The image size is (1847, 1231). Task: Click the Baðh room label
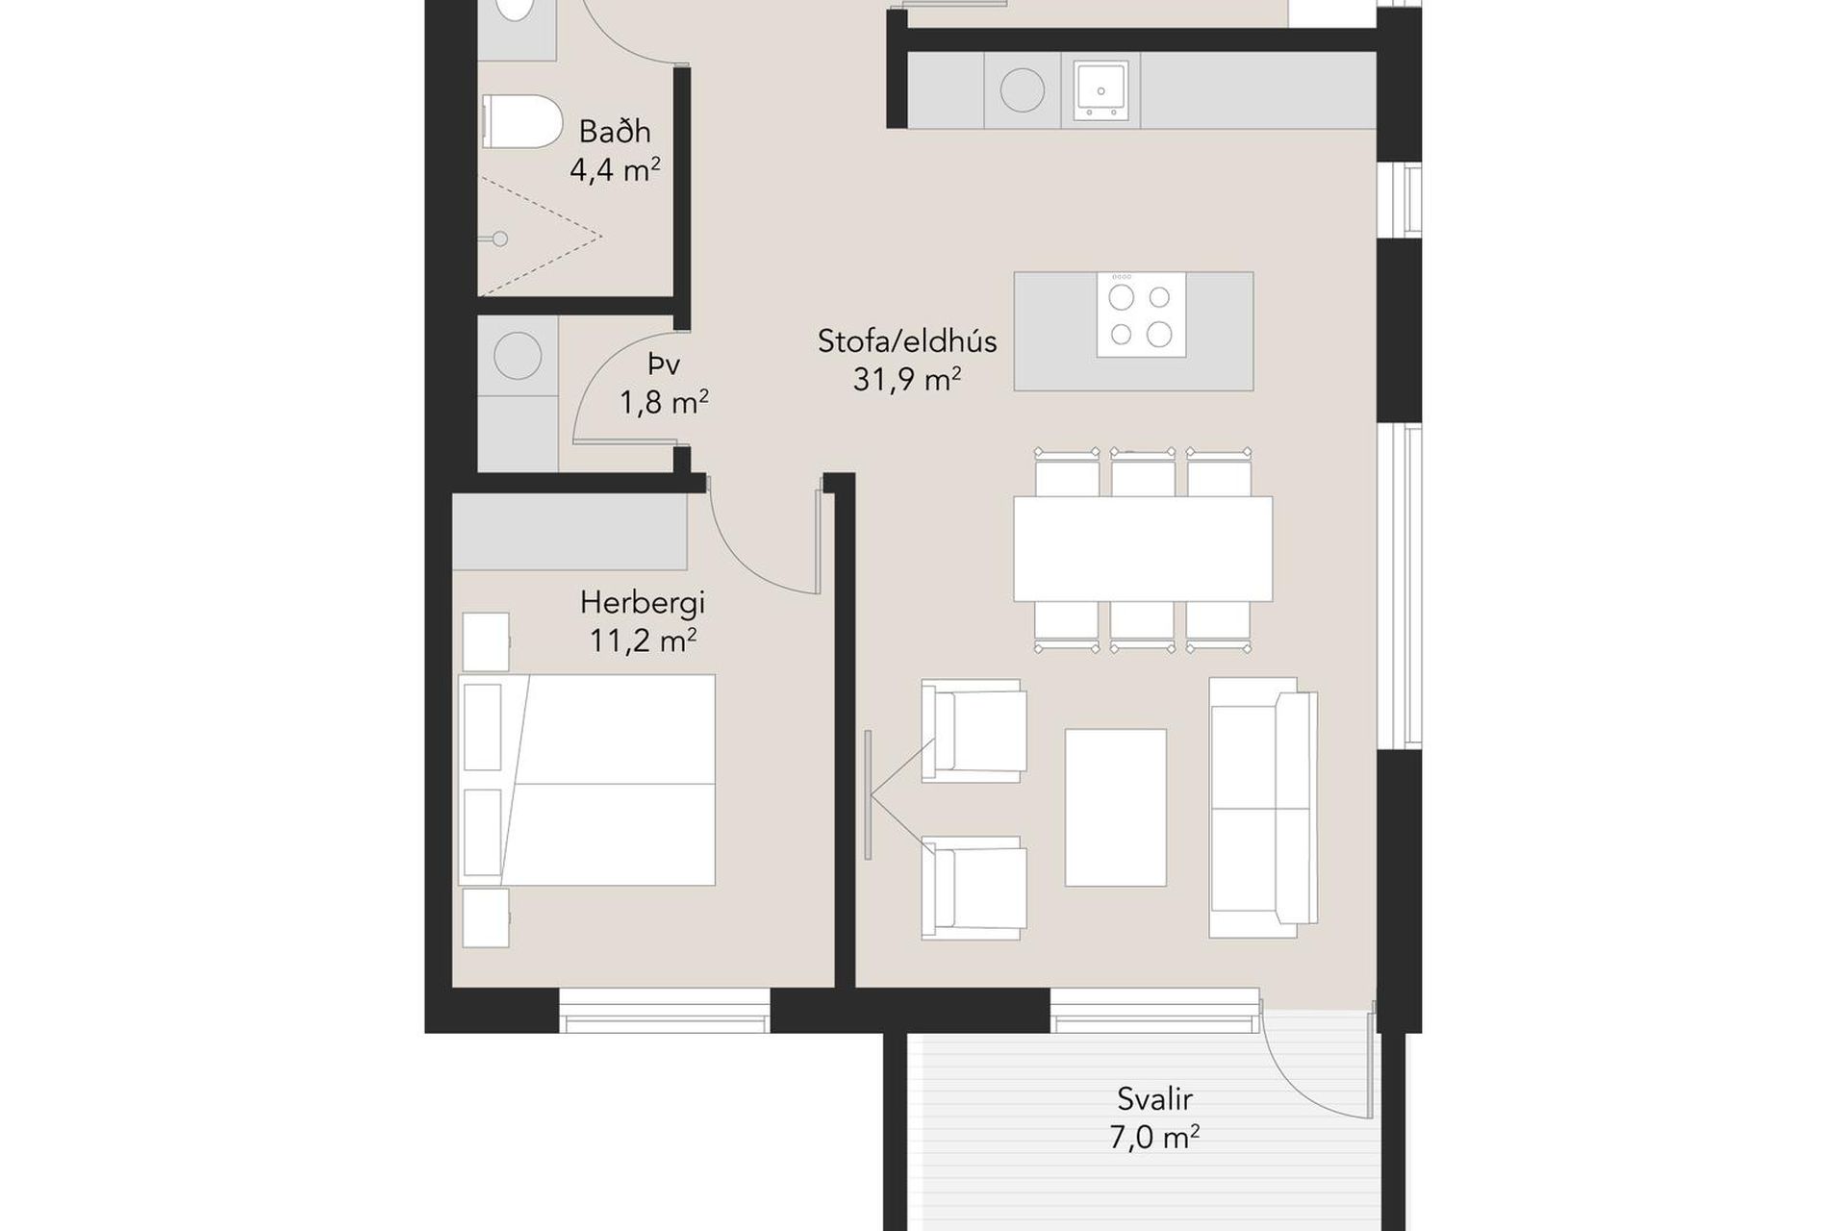pos(615,131)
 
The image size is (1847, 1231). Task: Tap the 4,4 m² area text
pos(615,170)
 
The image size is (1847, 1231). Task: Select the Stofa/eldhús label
pos(907,341)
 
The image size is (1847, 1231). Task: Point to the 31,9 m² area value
pos(907,379)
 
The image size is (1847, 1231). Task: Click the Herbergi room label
pos(643,604)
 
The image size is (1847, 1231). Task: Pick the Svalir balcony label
pos(1154,1098)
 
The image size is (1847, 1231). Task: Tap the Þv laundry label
pos(664,364)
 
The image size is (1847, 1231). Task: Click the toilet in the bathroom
pos(520,121)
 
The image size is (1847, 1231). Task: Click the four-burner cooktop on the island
pos(1141,314)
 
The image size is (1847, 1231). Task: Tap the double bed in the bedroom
pos(587,780)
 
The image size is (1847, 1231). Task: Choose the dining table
pos(1143,549)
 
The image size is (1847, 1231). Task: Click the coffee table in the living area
pos(1116,808)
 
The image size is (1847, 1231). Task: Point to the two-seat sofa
pos(1263,807)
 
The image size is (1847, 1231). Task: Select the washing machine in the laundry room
pos(518,357)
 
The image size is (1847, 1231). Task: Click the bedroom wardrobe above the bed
pos(569,532)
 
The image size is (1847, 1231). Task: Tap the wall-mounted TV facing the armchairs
pos(868,794)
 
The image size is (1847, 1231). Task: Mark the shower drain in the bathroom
pos(500,239)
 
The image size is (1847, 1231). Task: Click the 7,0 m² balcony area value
pos(1154,1139)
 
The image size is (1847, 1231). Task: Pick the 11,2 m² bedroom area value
pos(643,641)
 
